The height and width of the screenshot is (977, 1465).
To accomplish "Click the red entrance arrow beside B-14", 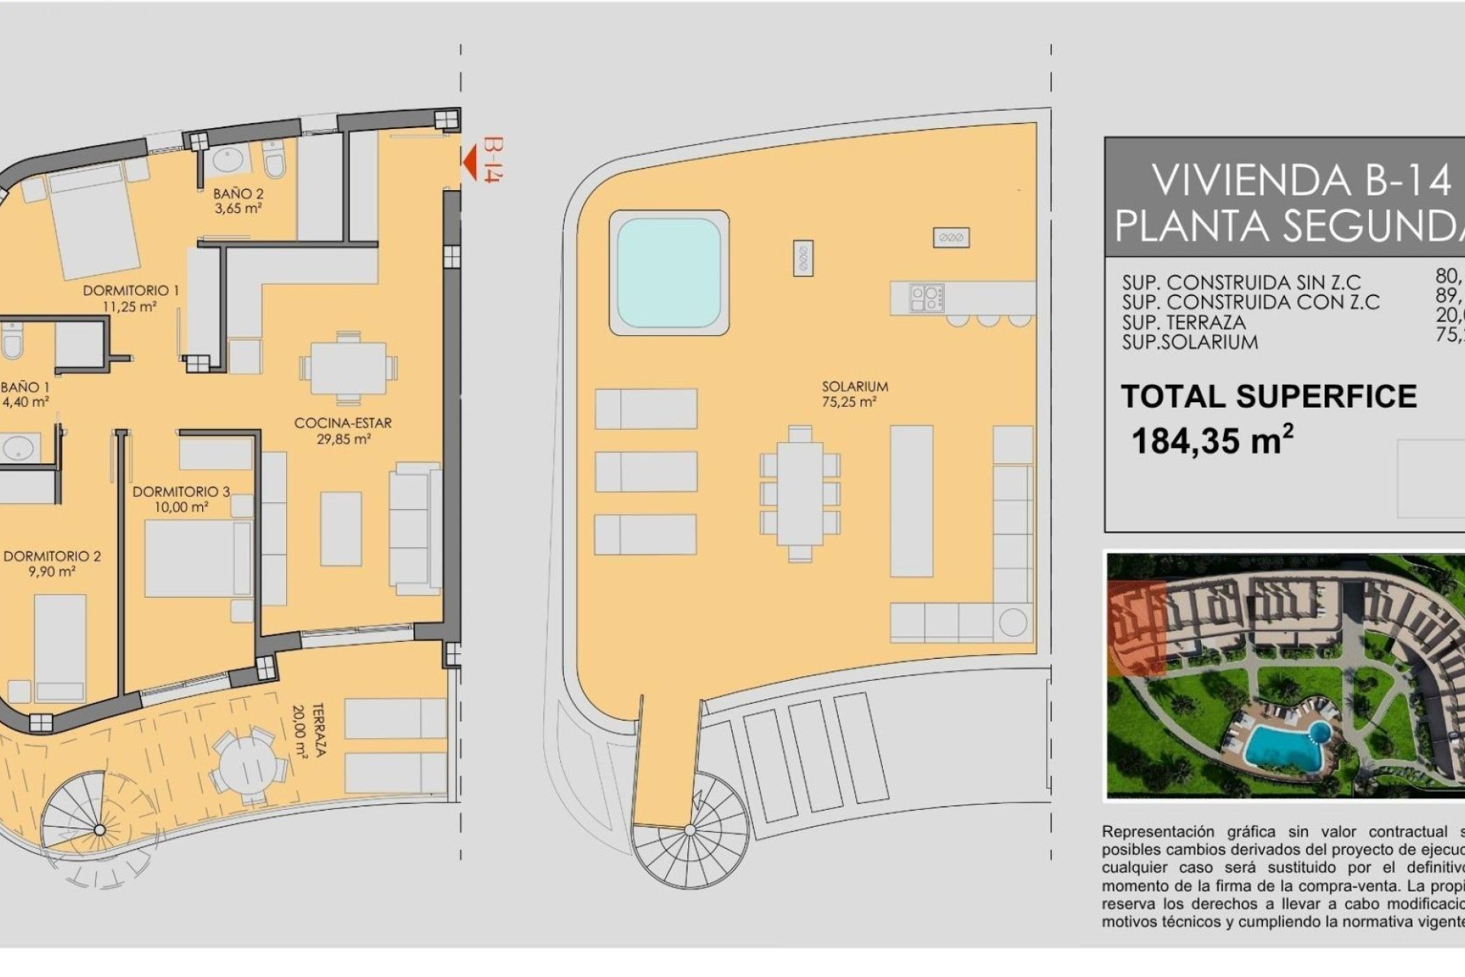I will [x=471, y=162].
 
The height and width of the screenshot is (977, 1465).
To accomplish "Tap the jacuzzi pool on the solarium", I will [x=668, y=272].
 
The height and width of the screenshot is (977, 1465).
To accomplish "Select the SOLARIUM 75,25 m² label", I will [x=855, y=394].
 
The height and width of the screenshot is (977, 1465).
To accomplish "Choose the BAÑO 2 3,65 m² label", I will [x=238, y=201].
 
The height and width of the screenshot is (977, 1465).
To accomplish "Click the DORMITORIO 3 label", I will [x=181, y=499].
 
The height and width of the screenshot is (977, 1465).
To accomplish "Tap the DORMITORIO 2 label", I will [x=52, y=563].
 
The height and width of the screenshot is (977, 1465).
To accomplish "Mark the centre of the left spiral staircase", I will [x=99, y=830].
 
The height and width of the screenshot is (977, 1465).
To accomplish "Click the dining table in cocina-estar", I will [x=348, y=368].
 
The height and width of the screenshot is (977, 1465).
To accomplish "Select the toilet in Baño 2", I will [x=274, y=161].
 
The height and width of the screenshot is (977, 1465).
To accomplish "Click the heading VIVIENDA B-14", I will [x=1300, y=181].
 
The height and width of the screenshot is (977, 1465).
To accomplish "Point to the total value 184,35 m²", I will [x=1212, y=441].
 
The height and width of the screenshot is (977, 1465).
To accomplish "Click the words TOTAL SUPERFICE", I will [x=1268, y=396].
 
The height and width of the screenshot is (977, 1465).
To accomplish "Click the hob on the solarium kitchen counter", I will [x=926, y=298].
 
